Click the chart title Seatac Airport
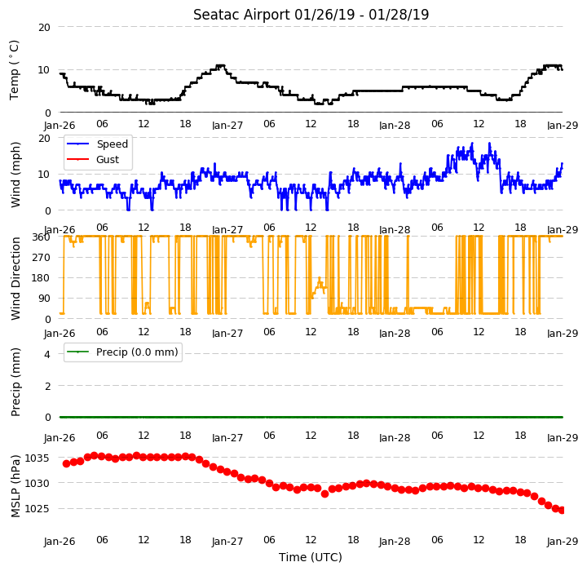point(242,15)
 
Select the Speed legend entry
point(97,144)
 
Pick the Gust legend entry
point(93,160)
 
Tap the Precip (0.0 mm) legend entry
point(122,352)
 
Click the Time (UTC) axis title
point(311,557)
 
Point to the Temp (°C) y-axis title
point(14,70)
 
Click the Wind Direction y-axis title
point(15,278)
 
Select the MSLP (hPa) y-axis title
point(15,486)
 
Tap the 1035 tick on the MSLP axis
point(37,458)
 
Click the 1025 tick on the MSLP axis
point(37,509)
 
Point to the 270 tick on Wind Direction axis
point(42,258)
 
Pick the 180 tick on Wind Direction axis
point(42,278)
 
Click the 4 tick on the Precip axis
point(47,355)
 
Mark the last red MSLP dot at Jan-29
point(562,511)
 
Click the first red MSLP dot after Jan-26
point(67,464)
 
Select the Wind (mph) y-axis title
point(15,175)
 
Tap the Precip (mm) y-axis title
point(15,383)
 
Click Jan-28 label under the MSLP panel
point(395,542)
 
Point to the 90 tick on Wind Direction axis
point(45,299)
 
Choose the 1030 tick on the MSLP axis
point(37,484)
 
